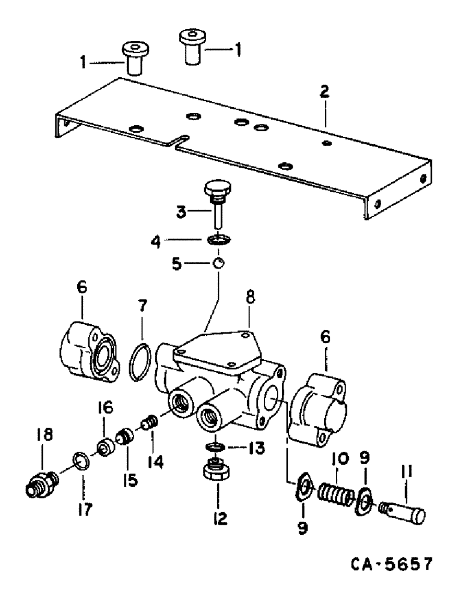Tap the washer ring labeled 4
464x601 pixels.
click(x=218, y=240)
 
